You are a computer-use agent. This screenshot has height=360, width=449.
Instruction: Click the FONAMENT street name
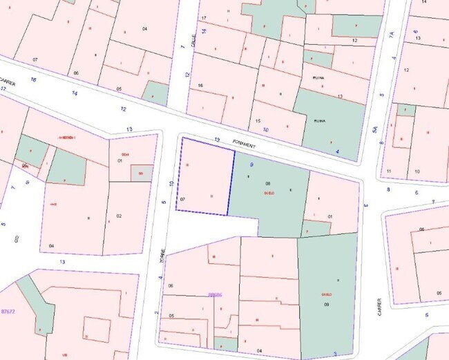243,146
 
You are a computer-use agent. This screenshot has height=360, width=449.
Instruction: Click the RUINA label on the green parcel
319,120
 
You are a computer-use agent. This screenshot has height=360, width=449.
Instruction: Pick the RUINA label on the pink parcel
318,78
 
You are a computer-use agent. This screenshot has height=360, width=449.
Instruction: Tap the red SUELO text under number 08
268,193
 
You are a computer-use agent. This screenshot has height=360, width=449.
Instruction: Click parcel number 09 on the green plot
325,303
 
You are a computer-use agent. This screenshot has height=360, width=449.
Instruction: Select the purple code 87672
8,312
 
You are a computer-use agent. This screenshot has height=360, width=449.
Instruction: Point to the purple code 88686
215,295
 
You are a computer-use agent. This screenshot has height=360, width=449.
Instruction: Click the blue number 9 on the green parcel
252,165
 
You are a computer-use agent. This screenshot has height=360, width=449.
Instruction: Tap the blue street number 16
33,80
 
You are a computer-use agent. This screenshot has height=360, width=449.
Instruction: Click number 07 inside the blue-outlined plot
182,198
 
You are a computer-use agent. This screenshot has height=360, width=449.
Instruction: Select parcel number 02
119,216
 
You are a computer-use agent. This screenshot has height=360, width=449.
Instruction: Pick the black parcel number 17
204,17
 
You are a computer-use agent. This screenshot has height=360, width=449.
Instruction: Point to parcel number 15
258,121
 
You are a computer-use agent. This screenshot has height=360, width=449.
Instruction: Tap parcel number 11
389,171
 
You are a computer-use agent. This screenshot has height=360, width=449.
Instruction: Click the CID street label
16,238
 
